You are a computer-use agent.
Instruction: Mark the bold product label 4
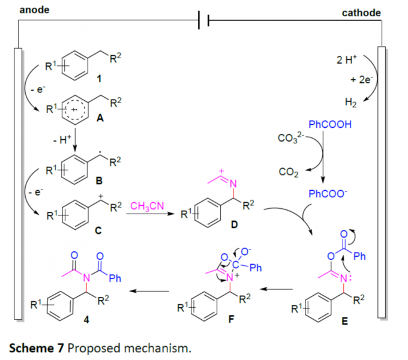pyautogui.click(x=86, y=319)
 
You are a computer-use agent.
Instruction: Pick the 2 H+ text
pyautogui.click(x=348, y=60)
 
